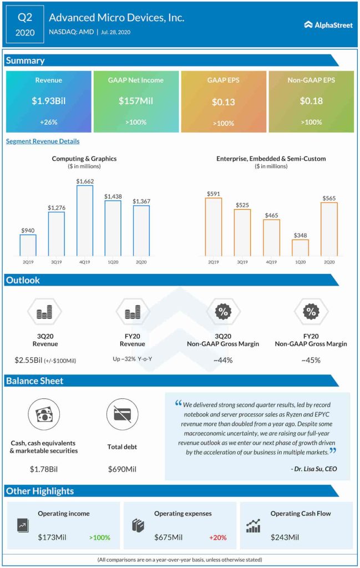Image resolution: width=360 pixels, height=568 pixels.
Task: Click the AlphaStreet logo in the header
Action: pyautogui.click(x=329, y=24)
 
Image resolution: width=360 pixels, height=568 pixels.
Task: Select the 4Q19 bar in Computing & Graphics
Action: pyautogui.click(x=84, y=220)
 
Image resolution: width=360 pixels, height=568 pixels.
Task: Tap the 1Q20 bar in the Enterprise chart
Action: pyautogui.click(x=300, y=247)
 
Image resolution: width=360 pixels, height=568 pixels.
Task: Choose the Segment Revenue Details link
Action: pyautogui.click(x=43, y=141)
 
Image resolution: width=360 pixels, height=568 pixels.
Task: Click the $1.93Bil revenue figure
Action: pyautogui.click(x=49, y=101)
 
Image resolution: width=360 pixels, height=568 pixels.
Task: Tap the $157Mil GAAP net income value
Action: pyautogui.click(x=136, y=101)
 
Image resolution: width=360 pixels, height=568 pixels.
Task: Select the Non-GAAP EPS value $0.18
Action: pyautogui.click(x=311, y=101)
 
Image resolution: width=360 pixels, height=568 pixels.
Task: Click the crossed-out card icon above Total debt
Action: pyautogui.click(x=122, y=414)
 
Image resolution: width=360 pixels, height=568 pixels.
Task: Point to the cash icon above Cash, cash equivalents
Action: pyautogui.click(x=43, y=414)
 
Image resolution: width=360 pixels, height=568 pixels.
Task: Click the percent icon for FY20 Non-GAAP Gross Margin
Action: pyautogui.click(x=311, y=312)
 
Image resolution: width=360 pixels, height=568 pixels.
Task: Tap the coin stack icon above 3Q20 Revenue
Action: pyautogui.click(x=44, y=313)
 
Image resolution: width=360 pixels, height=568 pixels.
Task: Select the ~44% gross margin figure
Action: pyautogui.click(x=222, y=360)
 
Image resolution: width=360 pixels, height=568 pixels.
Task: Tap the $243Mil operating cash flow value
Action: pyautogui.click(x=285, y=537)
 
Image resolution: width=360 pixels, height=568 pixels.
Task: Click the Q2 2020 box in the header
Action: pyautogui.click(x=25, y=24)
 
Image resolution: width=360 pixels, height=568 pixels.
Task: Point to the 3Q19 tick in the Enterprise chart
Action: pyautogui.click(x=242, y=261)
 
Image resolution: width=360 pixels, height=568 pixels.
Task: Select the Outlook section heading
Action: pyautogui.click(x=23, y=280)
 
